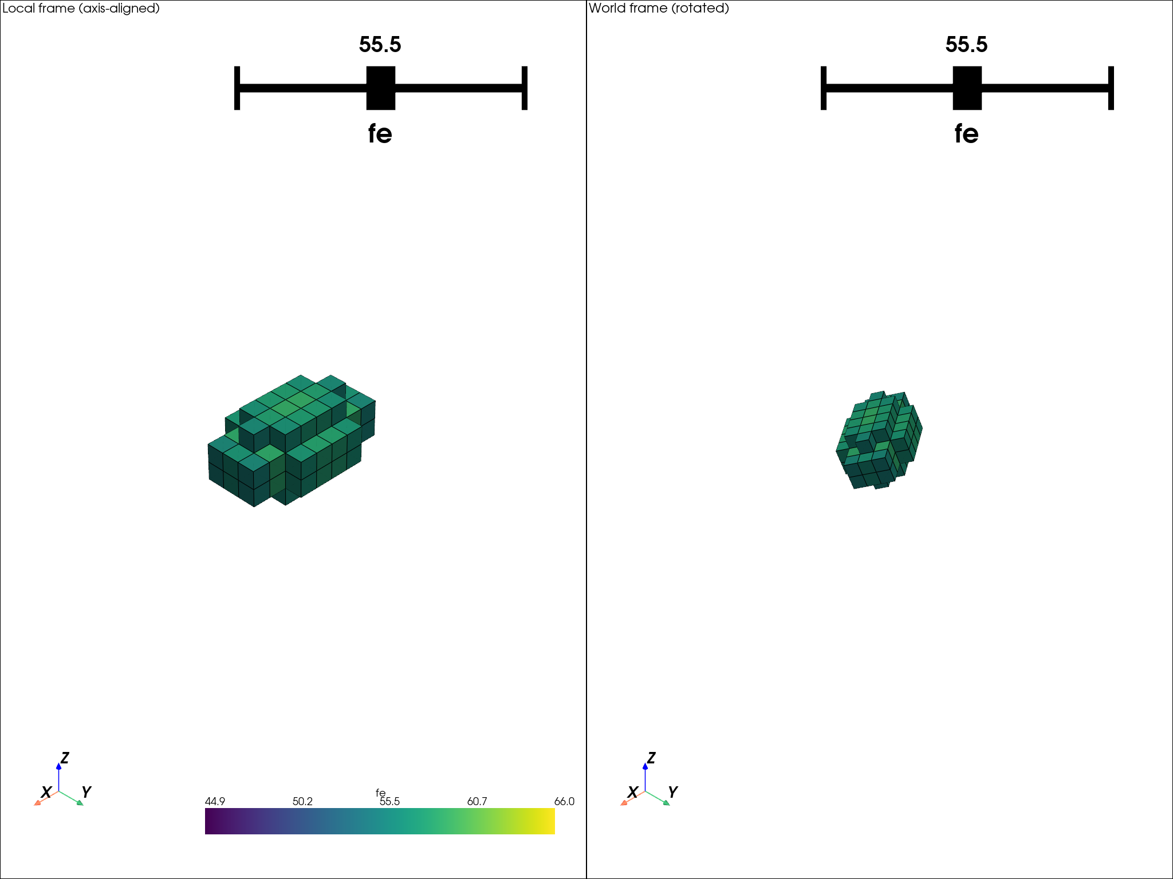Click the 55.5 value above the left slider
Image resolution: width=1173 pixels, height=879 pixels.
pyautogui.click(x=380, y=45)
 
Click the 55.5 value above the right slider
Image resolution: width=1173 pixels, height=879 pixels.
pyautogui.click(x=966, y=45)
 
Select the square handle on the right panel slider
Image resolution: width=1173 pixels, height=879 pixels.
pyautogui.click(x=967, y=88)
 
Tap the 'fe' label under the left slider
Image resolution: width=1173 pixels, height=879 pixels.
pyautogui.click(x=380, y=134)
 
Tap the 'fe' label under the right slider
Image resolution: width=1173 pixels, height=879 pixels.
pyautogui.click(x=966, y=134)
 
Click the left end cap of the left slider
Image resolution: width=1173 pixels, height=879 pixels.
pyautogui.click(x=237, y=88)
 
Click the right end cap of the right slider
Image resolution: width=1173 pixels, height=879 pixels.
pyautogui.click(x=1111, y=88)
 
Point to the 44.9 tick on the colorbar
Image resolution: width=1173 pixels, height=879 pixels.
pyautogui.click(x=215, y=801)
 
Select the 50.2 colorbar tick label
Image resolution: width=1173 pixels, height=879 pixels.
pyautogui.click(x=302, y=801)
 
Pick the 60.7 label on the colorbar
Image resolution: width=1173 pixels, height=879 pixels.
pyautogui.click(x=477, y=801)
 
